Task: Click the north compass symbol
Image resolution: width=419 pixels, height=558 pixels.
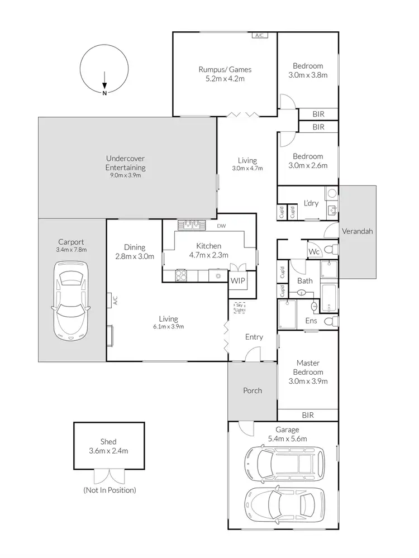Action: [104, 70]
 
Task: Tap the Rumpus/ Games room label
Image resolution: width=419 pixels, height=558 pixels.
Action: [225, 70]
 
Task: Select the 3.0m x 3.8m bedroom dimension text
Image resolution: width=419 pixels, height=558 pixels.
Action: [308, 75]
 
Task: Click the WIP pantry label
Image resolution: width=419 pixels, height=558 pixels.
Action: [237, 280]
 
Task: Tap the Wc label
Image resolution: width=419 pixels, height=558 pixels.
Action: [314, 252]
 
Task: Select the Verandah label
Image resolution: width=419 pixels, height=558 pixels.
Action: [357, 231]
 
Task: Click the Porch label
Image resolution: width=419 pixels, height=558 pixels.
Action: [253, 390]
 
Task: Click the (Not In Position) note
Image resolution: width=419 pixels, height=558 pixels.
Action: [109, 490]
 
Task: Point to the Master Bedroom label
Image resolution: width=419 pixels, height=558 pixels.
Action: [308, 367]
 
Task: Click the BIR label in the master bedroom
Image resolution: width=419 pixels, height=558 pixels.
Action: [307, 415]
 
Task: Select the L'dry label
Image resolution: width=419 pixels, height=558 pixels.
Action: [311, 203]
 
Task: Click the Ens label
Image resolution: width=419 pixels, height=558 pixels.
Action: [311, 321]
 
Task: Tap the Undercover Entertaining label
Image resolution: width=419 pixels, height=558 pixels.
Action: [126, 163]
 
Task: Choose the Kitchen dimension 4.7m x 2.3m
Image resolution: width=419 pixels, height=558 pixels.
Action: [209, 255]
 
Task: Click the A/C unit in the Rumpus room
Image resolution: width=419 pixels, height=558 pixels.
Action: [259, 36]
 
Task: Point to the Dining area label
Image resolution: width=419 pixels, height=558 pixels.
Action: [135, 247]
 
